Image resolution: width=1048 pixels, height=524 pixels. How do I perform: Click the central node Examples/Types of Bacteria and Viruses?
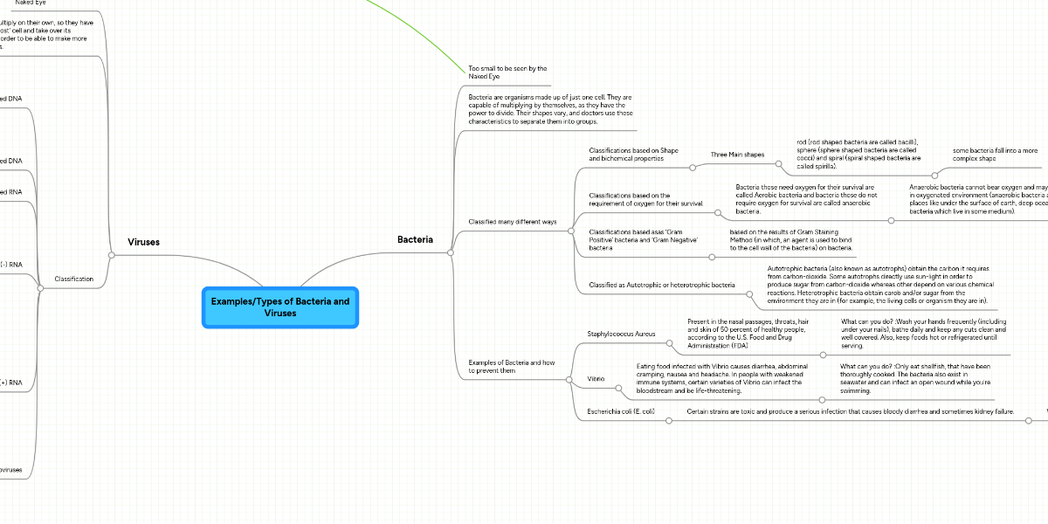[279, 307]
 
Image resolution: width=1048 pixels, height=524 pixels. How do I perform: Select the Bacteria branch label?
[415, 239]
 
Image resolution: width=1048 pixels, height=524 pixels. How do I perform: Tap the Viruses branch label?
[143, 242]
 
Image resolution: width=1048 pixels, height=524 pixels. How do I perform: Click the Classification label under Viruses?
[74, 279]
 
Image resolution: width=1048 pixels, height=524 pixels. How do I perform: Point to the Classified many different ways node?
[513, 222]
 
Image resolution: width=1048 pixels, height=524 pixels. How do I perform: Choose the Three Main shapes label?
[737, 155]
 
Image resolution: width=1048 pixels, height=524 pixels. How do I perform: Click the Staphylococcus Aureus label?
[621, 334]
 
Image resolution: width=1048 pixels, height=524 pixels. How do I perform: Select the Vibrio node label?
[596, 379]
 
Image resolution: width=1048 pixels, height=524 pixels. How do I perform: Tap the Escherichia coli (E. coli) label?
[621, 410]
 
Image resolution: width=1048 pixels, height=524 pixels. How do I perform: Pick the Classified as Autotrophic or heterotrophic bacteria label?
[662, 285]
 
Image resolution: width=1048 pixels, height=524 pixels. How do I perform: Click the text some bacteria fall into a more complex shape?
[995, 155]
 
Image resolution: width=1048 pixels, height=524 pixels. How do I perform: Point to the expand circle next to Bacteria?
[450, 252]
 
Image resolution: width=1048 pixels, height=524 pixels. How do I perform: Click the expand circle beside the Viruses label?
[111, 255]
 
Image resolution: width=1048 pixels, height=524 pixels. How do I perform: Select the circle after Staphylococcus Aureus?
[668, 343]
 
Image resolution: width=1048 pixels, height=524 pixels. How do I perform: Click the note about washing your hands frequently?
[923, 334]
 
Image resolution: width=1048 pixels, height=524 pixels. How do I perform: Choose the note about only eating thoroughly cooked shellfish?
[915, 379]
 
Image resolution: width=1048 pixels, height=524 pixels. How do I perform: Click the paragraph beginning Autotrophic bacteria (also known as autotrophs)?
[880, 285]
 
